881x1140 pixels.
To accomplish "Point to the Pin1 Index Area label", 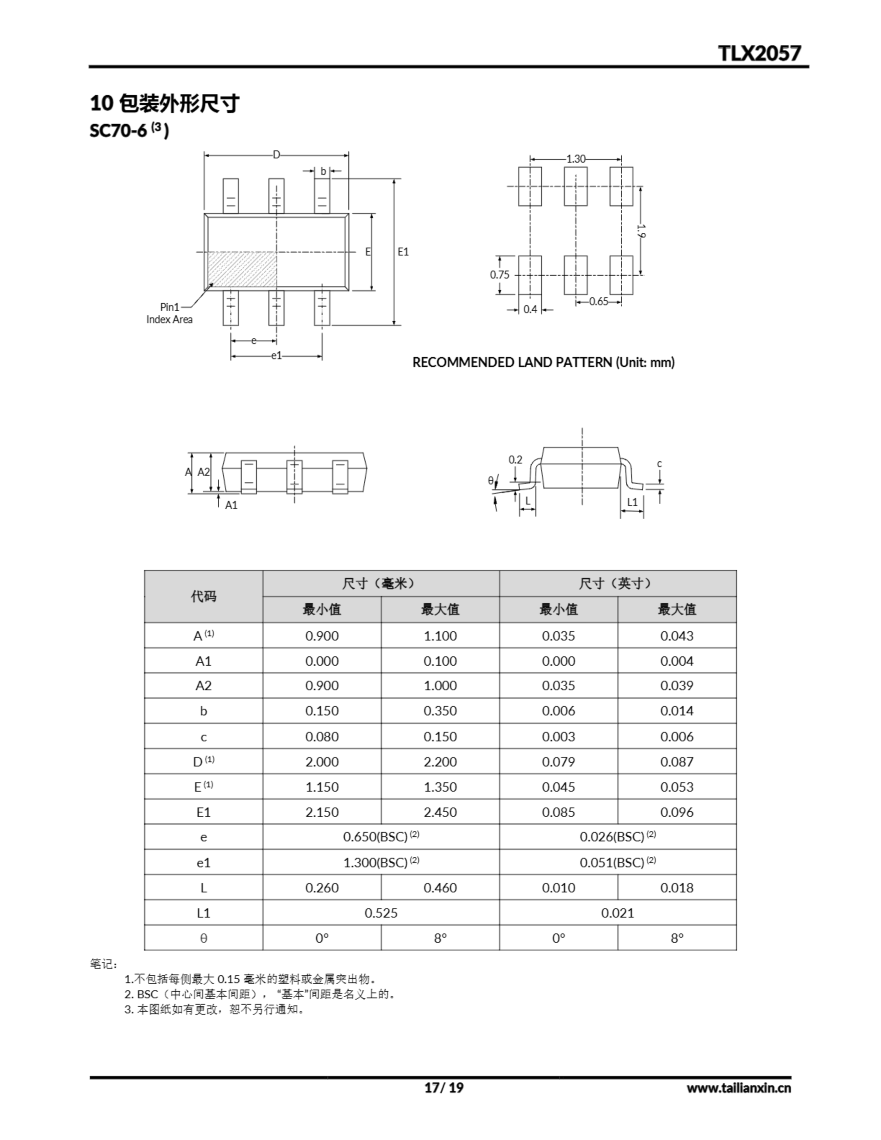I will click(169, 313).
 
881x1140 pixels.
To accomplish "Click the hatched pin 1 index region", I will click(242, 269).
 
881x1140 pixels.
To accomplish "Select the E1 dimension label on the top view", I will click(403, 252).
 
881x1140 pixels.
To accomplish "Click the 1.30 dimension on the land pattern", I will click(575, 159).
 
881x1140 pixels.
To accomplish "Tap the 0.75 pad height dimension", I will click(499, 275).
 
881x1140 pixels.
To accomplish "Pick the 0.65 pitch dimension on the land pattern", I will click(599, 301).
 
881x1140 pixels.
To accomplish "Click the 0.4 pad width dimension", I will click(530, 309).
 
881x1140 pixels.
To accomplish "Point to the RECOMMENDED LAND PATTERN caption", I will click(543, 362).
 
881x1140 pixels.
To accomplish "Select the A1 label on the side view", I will click(231, 505).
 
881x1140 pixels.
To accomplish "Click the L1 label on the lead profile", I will click(632, 502).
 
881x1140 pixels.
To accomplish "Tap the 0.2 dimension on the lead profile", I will click(515, 460).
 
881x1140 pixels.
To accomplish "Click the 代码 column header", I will click(203, 596).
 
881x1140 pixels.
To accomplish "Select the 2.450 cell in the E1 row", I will click(440, 812).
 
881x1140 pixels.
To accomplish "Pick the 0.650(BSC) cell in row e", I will click(381, 837).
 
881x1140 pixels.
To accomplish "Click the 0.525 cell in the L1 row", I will click(381, 913).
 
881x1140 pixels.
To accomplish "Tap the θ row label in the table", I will click(203, 938).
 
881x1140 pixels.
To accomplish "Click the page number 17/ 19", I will click(443, 1087).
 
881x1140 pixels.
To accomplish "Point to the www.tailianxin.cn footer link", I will click(738, 1088).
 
